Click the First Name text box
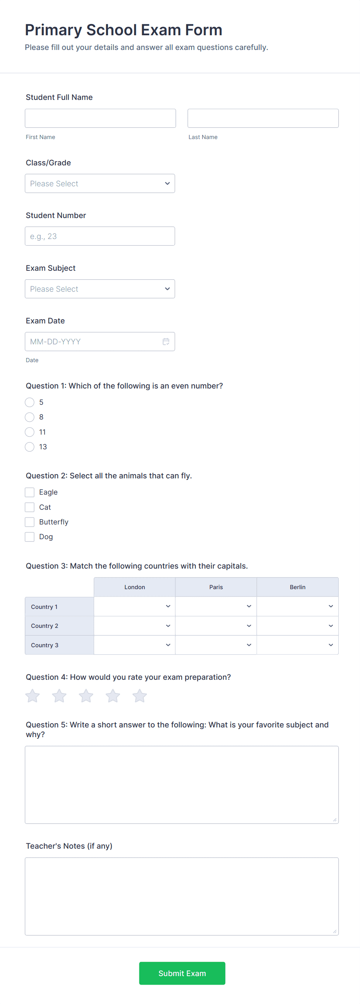[100, 118]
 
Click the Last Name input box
[262, 118]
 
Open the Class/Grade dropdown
[100, 184]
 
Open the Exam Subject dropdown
[100, 289]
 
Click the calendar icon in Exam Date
[166, 342]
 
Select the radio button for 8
[29, 417]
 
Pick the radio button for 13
[29, 447]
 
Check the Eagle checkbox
[29, 492]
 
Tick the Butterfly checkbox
[29, 522]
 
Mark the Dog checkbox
[29, 537]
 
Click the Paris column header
[216, 587]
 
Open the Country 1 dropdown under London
[134, 607]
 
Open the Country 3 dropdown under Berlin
[297, 645]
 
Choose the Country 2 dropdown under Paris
[216, 626]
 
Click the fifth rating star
[139, 696]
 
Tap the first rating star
[33, 696]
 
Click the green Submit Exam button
[182, 973]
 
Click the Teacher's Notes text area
[182, 896]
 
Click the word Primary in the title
[53, 30]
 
